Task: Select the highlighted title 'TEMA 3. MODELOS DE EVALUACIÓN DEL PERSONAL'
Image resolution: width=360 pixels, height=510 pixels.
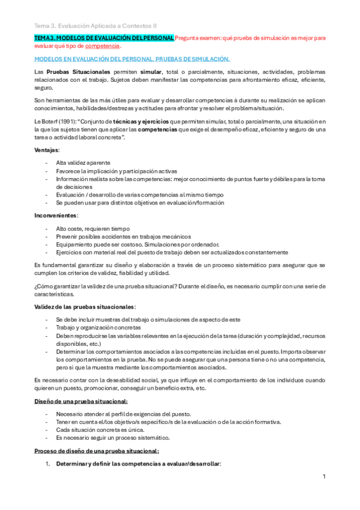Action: tap(104, 38)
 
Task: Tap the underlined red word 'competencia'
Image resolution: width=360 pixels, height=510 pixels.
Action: tap(103, 46)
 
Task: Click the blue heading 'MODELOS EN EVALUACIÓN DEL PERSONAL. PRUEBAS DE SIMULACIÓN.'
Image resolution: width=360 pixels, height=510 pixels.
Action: tap(132, 59)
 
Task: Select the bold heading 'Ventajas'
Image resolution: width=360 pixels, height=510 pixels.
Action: tap(46, 149)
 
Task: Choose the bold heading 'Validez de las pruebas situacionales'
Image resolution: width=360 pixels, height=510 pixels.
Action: tap(84, 307)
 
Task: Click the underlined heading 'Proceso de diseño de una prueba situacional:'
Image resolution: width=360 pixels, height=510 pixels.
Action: tap(96, 451)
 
